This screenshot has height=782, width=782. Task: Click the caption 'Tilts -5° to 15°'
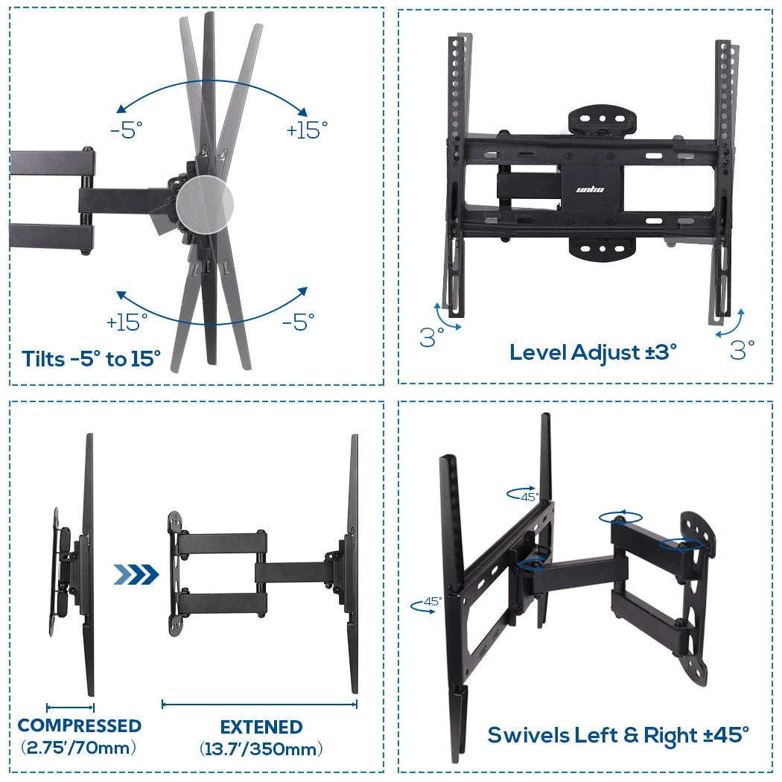tap(91, 359)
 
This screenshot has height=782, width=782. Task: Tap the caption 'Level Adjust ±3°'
tap(594, 352)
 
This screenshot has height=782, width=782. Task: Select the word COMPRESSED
tap(79, 725)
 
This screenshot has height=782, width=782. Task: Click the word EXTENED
tap(261, 727)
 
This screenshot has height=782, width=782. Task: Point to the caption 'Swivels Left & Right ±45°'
tap(617, 735)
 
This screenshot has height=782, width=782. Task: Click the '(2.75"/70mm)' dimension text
tap(79, 747)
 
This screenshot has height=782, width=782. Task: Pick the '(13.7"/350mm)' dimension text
tap(261, 748)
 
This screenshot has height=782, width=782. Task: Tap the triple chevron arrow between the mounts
tap(136, 574)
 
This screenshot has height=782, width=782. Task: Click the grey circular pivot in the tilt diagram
tap(205, 202)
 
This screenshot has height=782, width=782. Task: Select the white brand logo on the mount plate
tap(591, 189)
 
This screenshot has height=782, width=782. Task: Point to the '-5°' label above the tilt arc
tap(126, 131)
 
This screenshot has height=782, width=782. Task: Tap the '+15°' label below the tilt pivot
tap(127, 322)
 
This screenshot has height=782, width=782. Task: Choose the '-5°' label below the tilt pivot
tap(299, 322)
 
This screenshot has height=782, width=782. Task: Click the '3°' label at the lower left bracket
tap(432, 337)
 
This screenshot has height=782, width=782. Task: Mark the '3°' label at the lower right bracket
tap(742, 349)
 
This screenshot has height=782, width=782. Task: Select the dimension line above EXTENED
tap(259, 704)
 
